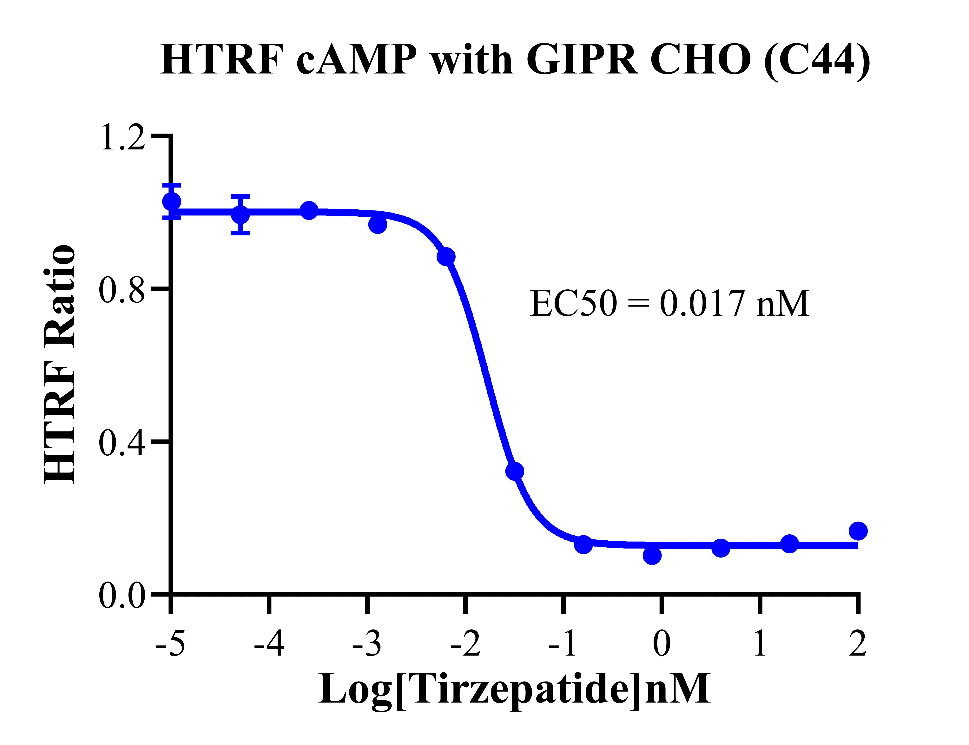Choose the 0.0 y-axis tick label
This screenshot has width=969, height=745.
[x=122, y=597]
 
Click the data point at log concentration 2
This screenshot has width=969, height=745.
[x=858, y=531]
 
